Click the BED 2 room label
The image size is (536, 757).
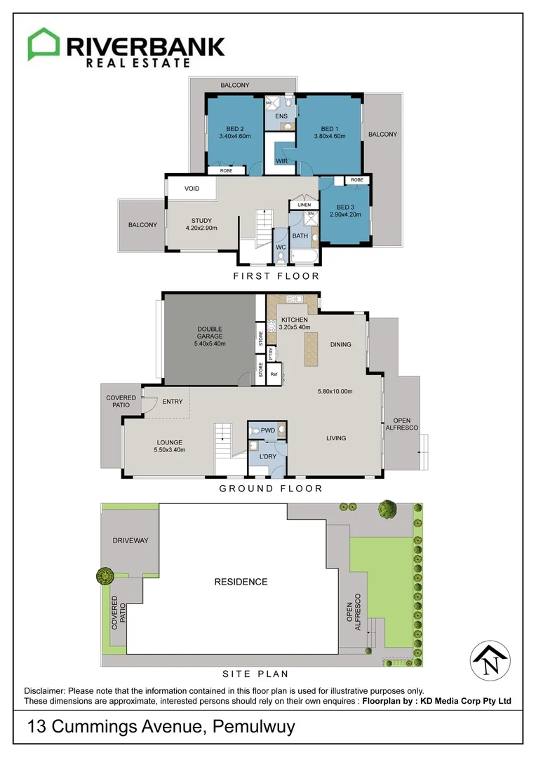pos(234,128)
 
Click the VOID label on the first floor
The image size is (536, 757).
pos(192,189)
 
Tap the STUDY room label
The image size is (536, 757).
pos(201,221)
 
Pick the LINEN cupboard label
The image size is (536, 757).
pos(304,205)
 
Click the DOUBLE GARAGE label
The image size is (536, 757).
pos(210,332)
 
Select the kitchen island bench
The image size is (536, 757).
pos(309,348)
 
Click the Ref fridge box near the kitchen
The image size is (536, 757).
pos(274,374)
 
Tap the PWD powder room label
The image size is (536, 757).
pos(267,430)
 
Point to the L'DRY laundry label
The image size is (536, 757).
pos(268,456)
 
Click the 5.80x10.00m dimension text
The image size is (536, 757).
pos(335,391)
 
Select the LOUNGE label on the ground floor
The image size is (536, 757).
pos(170,442)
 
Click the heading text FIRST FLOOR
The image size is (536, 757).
pos(276,276)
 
